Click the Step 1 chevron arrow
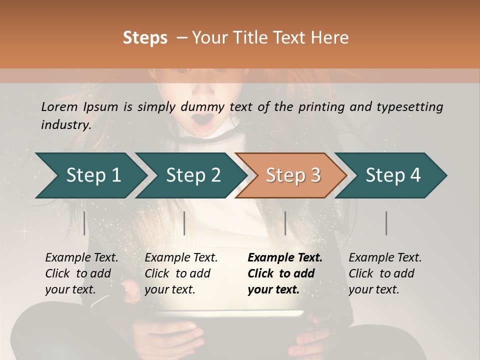[x=92, y=175]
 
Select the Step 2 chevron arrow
[x=192, y=175]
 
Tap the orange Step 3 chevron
[x=292, y=175]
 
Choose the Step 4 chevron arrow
[x=392, y=175]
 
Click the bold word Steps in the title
[x=145, y=37]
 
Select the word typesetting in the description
[x=412, y=106]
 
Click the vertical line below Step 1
[x=84, y=223]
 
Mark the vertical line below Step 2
[x=184, y=223]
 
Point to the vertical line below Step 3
[x=285, y=223]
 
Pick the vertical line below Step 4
[x=386, y=223]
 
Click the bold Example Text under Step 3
[x=285, y=257]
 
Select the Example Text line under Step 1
[x=81, y=257]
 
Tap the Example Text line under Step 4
[x=385, y=257]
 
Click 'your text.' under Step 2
[x=169, y=289]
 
